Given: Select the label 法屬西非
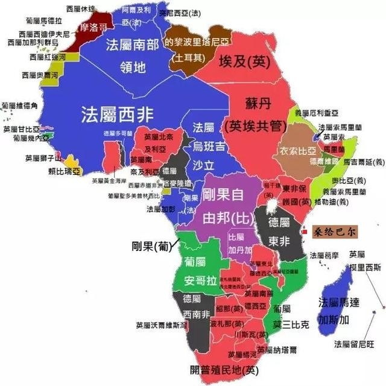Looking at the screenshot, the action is pos(117,113).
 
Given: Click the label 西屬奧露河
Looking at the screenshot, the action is pos(40,75).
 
